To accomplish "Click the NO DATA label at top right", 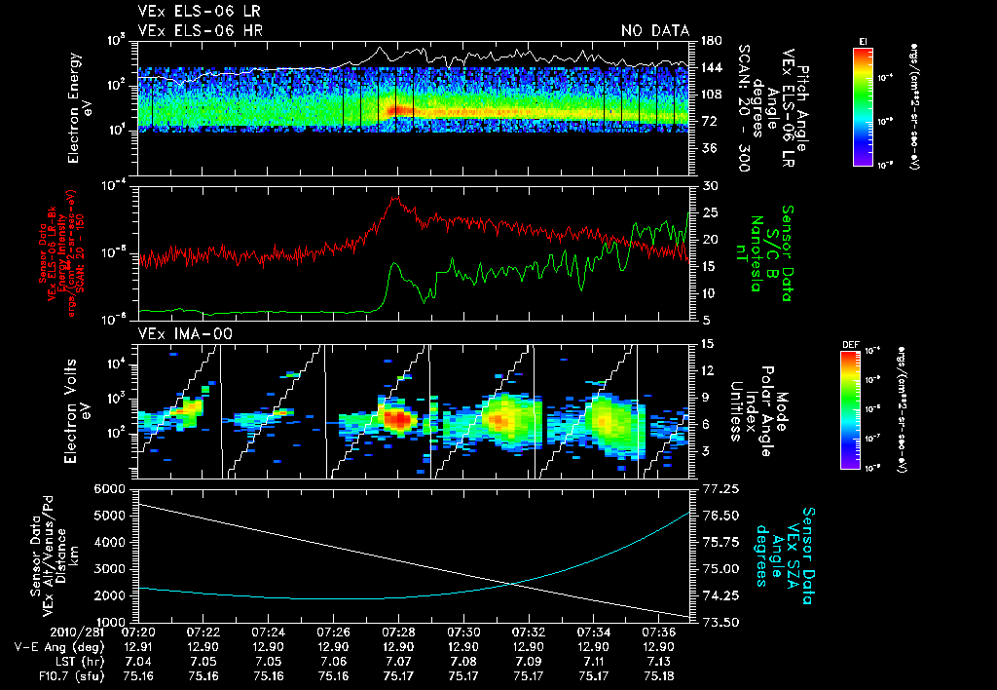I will [655, 30].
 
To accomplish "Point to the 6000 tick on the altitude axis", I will [115, 487].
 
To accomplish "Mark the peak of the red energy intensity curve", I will [395, 198].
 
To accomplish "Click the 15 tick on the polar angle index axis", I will [708, 344].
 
